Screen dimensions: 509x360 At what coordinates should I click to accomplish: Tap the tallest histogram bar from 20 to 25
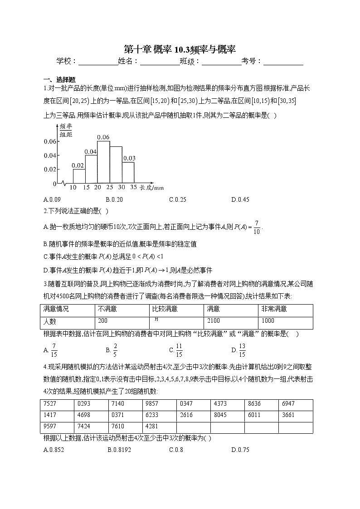104,162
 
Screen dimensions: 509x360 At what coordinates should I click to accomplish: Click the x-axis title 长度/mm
151,187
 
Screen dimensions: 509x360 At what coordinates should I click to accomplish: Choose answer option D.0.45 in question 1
240,199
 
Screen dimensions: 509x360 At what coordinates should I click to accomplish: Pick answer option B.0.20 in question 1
114,199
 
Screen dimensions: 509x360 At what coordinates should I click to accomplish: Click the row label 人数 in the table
50,321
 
